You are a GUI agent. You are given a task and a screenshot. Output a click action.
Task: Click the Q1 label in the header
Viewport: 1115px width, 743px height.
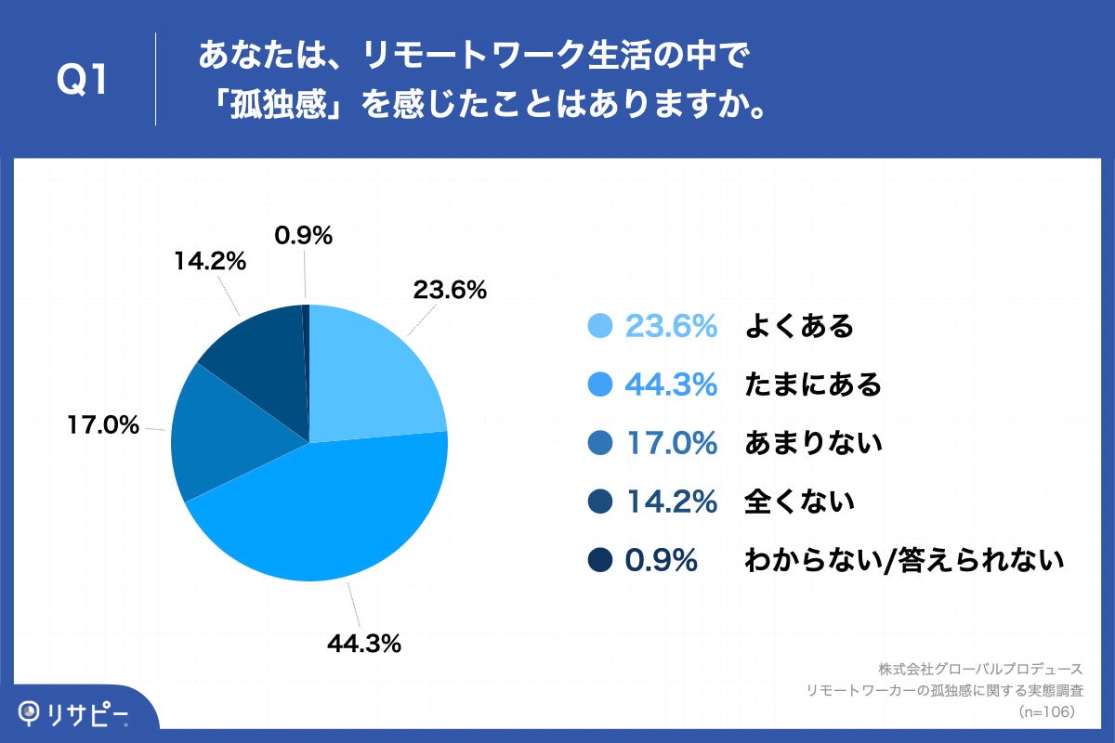tap(83, 81)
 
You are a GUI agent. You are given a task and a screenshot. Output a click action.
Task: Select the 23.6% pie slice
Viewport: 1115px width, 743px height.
tap(372, 371)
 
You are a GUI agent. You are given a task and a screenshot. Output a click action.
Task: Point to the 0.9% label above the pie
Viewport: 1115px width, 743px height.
tap(304, 237)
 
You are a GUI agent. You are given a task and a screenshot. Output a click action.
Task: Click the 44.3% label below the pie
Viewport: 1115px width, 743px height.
tap(363, 642)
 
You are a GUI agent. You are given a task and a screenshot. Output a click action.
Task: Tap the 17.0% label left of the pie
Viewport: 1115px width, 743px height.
tap(102, 426)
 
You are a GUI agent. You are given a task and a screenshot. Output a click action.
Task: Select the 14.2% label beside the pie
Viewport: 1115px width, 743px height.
tap(209, 262)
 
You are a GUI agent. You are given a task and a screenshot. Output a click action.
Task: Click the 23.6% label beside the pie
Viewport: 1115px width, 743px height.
tap(450, 291)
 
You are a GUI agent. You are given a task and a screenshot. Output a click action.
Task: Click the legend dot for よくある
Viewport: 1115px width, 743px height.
tap(601, 327)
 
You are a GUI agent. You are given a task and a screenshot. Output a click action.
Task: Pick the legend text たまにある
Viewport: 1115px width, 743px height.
tap(813, 385)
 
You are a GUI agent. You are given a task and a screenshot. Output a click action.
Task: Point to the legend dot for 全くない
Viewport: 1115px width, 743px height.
tap(601, 502)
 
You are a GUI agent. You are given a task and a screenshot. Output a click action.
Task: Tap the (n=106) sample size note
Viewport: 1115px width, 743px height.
tap(1047, 711)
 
